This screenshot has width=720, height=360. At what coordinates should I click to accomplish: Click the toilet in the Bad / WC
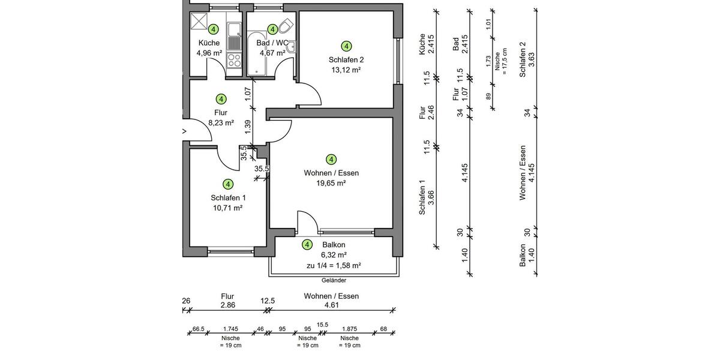pyautogui.click(x=286, y=26)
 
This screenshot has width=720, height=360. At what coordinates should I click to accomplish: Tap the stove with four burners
pyautogui.click(x=233, y=61)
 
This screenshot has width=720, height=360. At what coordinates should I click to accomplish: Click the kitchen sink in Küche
pyautogui.click(x=233, y=31)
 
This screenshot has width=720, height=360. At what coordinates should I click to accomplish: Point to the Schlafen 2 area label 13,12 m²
pyautogui.click(x=346, y=70)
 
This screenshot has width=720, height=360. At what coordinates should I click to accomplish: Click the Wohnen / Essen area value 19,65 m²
pyautogui.click(x=331, y=184)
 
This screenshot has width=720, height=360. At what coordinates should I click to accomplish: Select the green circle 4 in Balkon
pyautogui.click(x=307, y=245)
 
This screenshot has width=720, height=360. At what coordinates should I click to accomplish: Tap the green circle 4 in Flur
pyautogui.click(x=221, y=99)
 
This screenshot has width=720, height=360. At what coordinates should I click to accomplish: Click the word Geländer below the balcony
pyautogui.click(x=334, y=280)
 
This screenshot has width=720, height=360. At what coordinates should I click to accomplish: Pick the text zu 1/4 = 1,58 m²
pyautogui.click(x=334, y=265)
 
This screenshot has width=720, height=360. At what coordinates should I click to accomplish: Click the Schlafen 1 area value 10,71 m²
pyautogui.click(x=227, y=208)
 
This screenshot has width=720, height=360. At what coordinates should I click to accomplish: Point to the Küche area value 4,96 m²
pyautogui.click(x=209, y=53)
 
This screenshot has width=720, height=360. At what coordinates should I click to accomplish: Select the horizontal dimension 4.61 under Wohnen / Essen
pyautogui.click(x=331, y=305)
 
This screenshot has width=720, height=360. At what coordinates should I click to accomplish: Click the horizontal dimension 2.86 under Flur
pyautogui.click(x=227, y=305)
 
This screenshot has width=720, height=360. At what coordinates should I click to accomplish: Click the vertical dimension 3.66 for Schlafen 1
pyautogui.click(x=431, y=197)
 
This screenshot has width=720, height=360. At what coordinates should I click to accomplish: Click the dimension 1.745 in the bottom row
pyautogui.click(x=230, y=329)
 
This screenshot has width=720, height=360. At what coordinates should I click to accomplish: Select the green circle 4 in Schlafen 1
pyautogui.click(x=227, y=184)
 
